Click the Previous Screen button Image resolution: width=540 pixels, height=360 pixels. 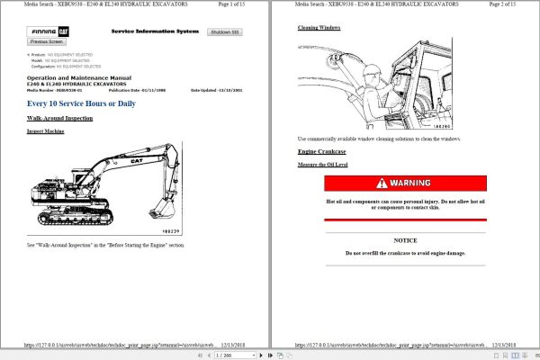[x=46, y=41]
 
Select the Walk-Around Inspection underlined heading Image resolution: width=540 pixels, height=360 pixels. [x=59, y=118]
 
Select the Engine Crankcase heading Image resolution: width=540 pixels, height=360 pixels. [x=319, y=151]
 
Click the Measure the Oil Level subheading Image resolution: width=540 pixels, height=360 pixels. [x=322, y=165]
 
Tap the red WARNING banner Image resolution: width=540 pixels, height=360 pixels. [x=405, y=183]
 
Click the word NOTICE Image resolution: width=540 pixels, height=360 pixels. [x=405, y=240]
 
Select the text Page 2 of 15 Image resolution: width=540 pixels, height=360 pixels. [x=497, y=5]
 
